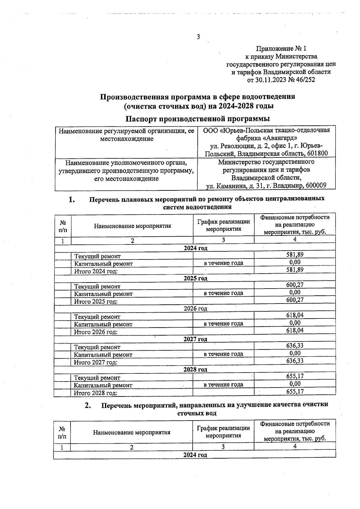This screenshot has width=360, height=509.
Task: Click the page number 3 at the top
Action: click(198, 37)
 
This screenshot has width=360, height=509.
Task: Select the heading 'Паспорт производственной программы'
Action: click(197, 119)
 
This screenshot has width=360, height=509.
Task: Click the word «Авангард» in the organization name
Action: click(280, 138)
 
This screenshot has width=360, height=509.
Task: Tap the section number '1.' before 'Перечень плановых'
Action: click(72, 199)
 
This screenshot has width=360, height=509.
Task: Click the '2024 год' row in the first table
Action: click(195, 248)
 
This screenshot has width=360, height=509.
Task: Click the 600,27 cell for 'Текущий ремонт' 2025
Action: click(295, 285)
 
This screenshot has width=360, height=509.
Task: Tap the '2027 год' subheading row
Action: click(195, 339)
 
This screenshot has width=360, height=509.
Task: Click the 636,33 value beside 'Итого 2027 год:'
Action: click(295, 361)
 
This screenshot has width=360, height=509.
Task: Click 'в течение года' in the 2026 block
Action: click(223, 324)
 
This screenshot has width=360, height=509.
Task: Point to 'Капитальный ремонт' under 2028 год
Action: click(103, 385)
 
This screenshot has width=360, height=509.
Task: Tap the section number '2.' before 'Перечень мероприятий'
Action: click(88, 406)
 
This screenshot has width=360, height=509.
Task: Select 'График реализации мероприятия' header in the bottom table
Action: click(223, 432)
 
